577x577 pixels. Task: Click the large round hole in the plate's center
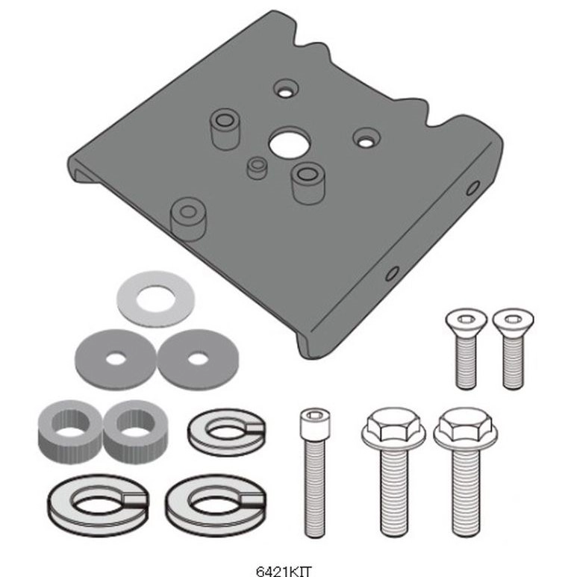(x=289, y=143)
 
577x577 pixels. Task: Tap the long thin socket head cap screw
(x=315, y=472)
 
